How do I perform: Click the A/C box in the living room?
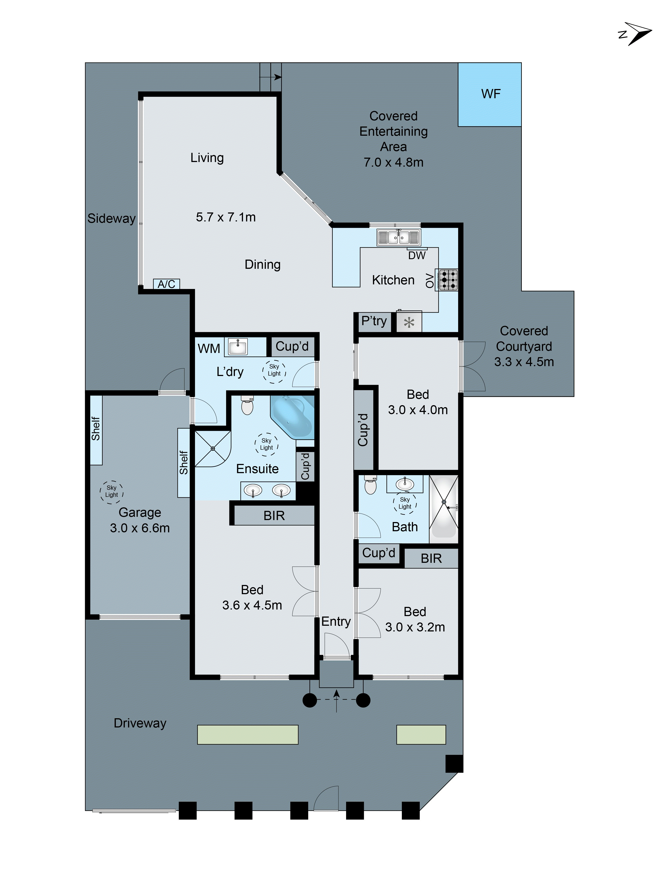point(166,284)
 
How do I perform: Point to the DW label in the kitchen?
point(417,256)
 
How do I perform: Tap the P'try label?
point(374,321)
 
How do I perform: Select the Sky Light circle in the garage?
point(111,492)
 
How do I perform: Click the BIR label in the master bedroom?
point(274,515)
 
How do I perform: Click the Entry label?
point(336,621)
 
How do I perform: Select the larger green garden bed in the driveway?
point(247,734)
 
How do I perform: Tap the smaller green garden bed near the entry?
point(421,734)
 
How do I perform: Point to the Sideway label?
point(111,218)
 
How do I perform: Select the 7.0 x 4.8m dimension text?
point(393,162)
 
